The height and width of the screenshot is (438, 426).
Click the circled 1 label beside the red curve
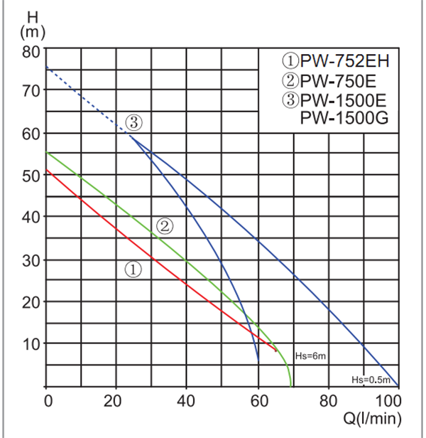pyautogui.click(x=134, y=269)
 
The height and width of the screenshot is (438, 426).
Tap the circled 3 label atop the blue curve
pyautogui.click(x=135, y=122)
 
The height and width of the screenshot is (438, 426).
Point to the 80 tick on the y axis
pyautogui.click(x=33, y=51)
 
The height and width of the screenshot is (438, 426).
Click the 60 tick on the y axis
pyautogui.click(x=33, y=133)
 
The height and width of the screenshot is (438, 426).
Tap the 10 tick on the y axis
pyautogui.click(x=33, y=343)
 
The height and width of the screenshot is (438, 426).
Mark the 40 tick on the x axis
pyautogui.click(x=187, y=399)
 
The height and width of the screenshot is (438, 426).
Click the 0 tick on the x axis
pyautogui.click(x=48, y=399)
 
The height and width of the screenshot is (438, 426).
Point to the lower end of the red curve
pyautogui.click(x=275, y=350)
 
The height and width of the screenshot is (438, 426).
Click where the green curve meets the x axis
pyautogui.click(x=291, y=385)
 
